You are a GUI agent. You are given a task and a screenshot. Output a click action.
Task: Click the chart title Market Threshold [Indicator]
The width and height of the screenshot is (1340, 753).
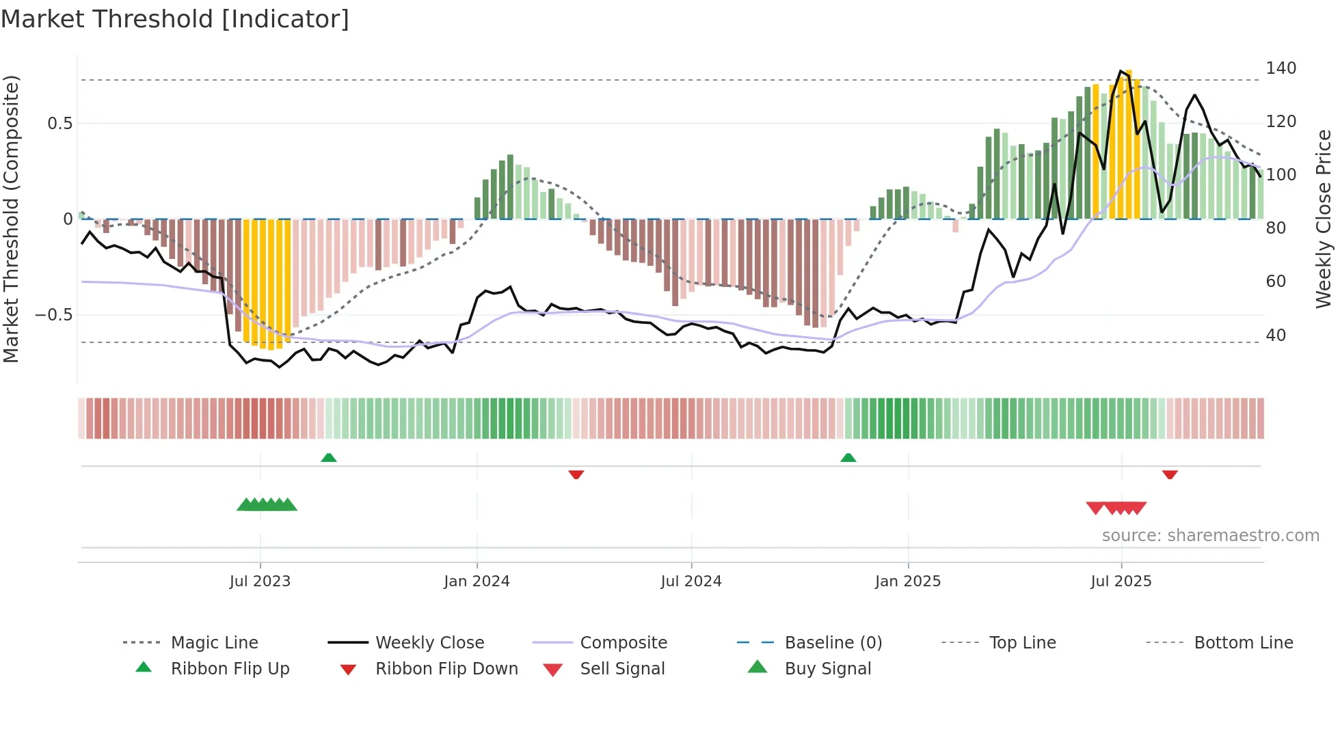click(175, 19)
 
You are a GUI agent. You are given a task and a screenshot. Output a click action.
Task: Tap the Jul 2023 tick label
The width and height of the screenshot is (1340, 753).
click(260, 581)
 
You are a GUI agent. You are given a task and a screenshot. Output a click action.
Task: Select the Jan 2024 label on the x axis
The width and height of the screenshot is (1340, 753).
click(477, 581)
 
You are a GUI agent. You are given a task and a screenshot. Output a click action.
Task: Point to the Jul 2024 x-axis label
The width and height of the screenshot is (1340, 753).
click(691, 581)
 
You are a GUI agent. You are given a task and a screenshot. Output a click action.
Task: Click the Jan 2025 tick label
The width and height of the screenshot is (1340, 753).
click(908, 581)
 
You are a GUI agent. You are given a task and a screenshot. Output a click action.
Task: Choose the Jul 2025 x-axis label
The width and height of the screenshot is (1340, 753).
click(1121, 581)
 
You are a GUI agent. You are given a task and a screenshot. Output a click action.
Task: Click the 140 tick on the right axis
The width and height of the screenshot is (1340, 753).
click(1281, 68)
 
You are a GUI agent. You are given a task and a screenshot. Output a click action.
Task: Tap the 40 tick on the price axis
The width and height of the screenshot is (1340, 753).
click(1275, 336)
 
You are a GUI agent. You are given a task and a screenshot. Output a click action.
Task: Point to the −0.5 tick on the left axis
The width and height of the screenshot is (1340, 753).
click(53, 315)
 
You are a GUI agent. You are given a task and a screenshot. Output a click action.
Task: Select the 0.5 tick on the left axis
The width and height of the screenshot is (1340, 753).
click(59, 124)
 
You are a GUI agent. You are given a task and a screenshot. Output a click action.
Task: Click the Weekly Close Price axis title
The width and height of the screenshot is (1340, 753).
click(1324, 219)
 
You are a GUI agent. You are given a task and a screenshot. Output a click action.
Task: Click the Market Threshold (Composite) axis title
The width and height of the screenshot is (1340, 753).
click(11, 219)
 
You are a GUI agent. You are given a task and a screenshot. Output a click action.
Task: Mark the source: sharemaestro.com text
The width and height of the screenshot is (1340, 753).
click(1210, 536)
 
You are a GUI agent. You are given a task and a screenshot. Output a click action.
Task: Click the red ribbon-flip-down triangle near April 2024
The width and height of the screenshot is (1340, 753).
click(576, 474)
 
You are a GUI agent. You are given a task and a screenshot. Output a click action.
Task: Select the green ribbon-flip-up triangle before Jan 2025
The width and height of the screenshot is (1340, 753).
click(848, 458)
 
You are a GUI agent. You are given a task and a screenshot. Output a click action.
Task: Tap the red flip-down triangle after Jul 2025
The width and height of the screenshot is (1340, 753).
click(1170, 474)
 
